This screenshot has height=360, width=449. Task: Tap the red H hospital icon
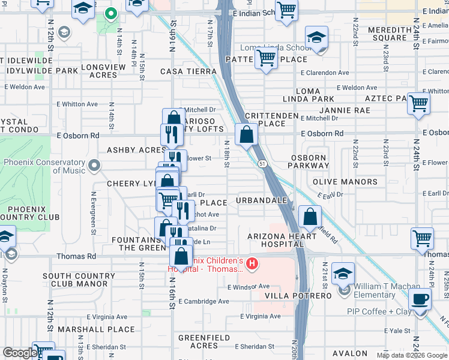click(x=253, y=263)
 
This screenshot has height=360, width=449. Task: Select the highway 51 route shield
click(x=262, y=163)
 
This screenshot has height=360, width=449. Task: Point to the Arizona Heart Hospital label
click(x=282, y=241)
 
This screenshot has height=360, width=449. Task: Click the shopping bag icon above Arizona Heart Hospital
click(x=309, y=217)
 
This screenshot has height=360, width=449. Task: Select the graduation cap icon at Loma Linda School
click(x=316, y=37)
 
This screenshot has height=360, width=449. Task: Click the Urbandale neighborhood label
click(x=261, y=200)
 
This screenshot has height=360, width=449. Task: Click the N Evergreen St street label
click(x=93, y=213)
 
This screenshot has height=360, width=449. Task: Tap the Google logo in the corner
click(x=20, y=353)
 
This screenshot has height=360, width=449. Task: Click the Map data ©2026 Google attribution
click(x=412, y=355)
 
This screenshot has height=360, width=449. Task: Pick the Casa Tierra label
click(x=188, y=71)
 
